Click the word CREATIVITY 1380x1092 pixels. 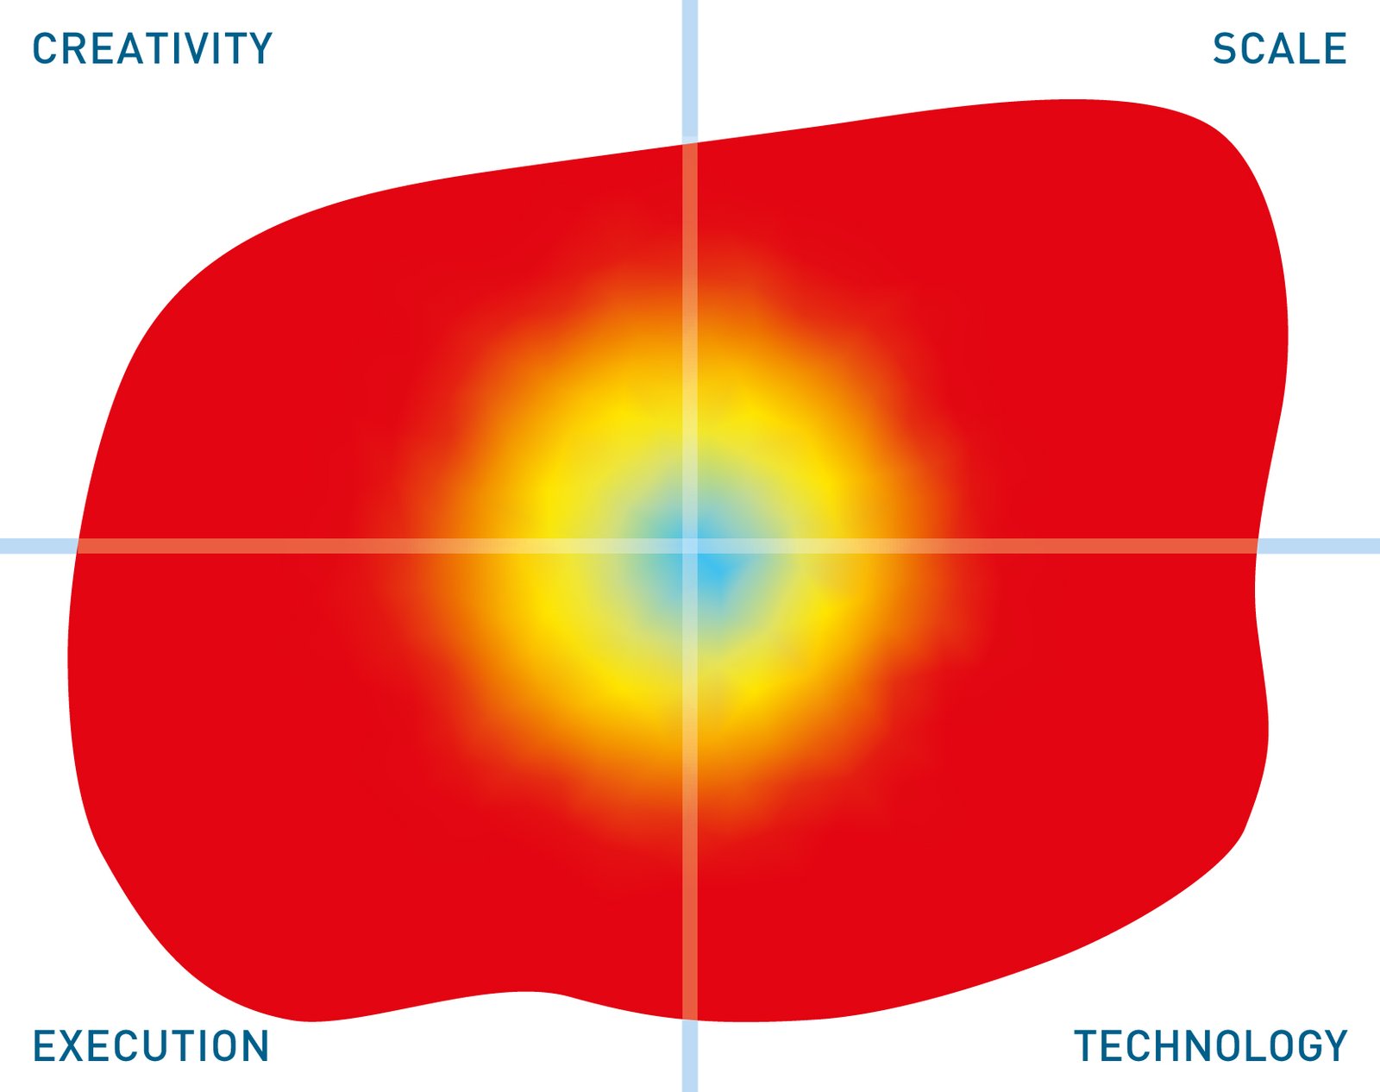pyautogui.click(x=153, y=48)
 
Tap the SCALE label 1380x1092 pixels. pyautogui.click(x=1279, y=48)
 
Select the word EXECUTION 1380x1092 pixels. pyautogui.click(x=151, y=1045)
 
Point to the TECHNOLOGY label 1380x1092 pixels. pyautogui.click(x=1211, y=1045)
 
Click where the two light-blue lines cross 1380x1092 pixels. pyautogui.click(x=689, y=546)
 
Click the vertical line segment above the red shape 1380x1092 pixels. pyautogui.click(x=689, y=72)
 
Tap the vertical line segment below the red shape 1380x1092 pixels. pyautogui.click(x=689, y=1056)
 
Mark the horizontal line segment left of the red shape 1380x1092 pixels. pyautogui.click(x=39, y=546)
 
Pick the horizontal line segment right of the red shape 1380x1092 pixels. pyautogui.click(x=1319, y=546)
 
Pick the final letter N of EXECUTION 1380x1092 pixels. pyautogui.click(x=256, y=1045)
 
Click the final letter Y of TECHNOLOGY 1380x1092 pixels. pyautogui.click(x=1335, y=1045)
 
